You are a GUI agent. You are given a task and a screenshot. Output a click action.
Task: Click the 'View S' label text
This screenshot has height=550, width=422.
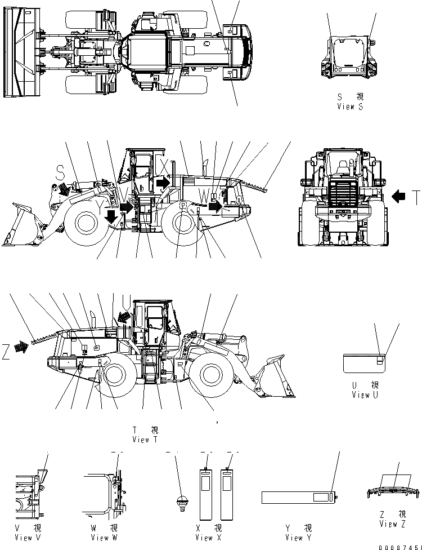[350, 106]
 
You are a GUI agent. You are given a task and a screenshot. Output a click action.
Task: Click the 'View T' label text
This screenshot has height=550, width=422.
[145, 440]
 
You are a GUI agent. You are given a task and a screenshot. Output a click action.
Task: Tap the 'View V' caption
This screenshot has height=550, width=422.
[27, 538]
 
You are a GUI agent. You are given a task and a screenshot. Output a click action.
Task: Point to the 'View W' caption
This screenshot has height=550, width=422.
[105, 538]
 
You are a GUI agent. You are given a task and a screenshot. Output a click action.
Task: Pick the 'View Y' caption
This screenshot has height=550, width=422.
[299, 538]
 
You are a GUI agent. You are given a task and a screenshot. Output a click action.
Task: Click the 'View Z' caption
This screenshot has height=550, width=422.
[393, 524]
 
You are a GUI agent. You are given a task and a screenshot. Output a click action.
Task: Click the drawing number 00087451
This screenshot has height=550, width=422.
[399, 546]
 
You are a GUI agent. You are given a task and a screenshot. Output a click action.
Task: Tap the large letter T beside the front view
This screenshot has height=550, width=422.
[415, 197]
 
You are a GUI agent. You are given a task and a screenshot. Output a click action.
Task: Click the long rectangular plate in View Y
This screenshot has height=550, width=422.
[298, 497]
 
